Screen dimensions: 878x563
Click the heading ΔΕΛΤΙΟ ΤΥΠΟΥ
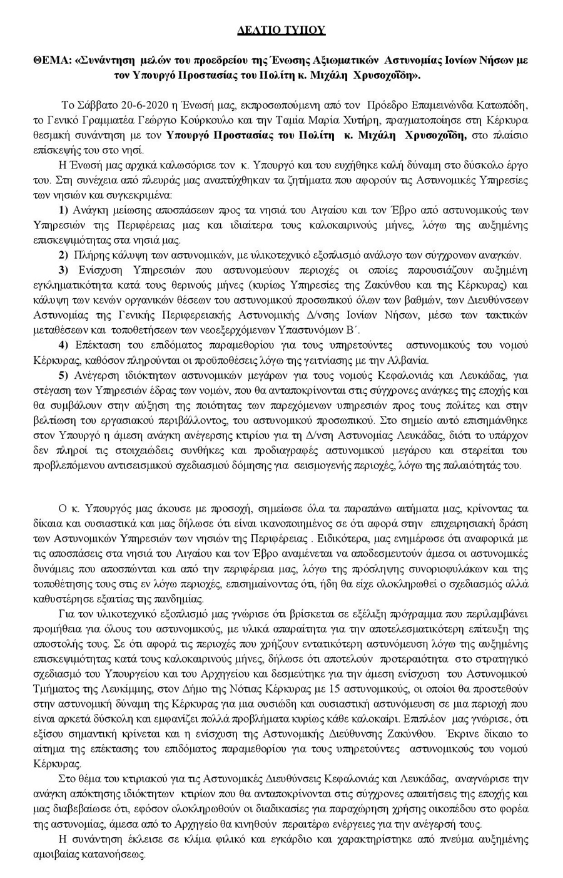tap(281, 29)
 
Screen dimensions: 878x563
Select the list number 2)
tap(63, 255)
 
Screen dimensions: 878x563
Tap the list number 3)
tap(63, 271)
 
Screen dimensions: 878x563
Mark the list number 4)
tap(63, 345)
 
